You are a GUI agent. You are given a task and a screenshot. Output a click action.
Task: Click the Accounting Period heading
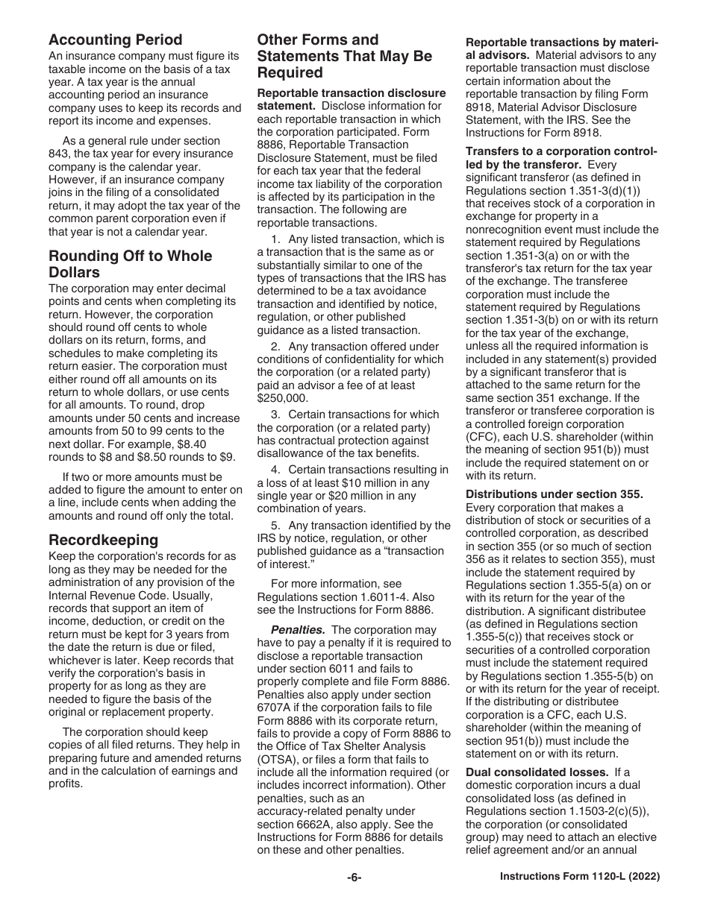pyautogui.click(x=115, y=40)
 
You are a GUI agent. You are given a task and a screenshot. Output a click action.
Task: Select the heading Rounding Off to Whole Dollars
pyautogui.click(x=130, y=264)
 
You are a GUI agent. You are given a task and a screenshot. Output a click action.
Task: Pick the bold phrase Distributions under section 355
pyautogui.click(x=555, y=494)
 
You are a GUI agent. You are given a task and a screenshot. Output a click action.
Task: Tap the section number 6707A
pyautogui.click(x=277, y=708)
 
